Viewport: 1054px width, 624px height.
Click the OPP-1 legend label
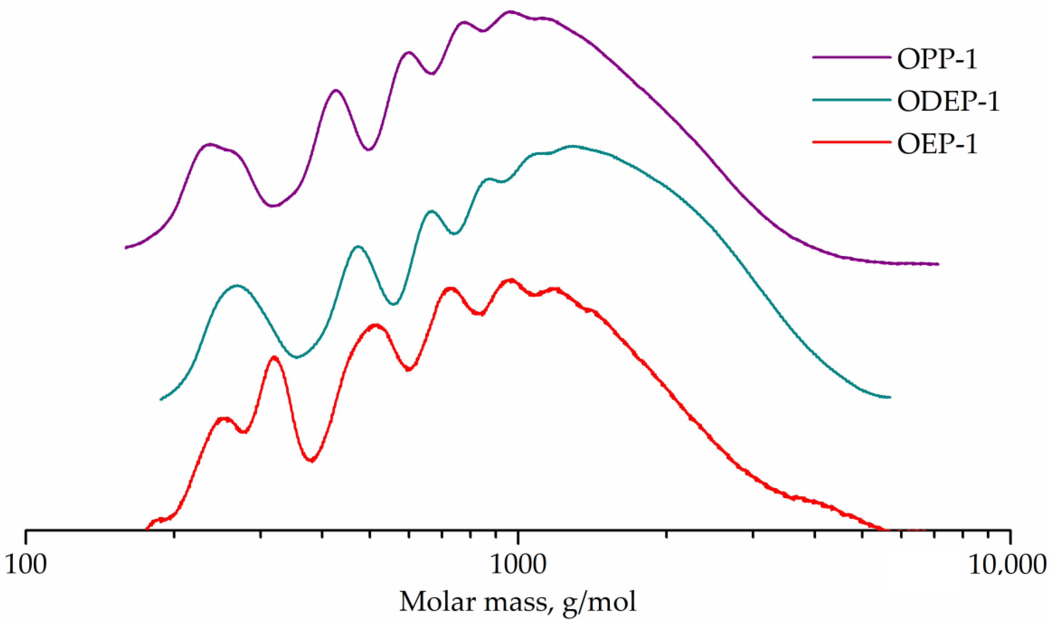937,59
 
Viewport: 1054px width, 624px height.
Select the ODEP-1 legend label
948,101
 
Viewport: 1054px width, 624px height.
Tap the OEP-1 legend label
937,144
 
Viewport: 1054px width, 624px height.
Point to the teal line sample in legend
851,100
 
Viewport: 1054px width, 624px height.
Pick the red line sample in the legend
851,142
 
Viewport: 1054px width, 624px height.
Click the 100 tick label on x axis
26,565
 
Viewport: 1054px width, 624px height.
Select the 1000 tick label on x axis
518,565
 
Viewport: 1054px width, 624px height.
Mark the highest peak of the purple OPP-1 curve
510,12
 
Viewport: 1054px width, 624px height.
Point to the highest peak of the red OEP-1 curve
511,280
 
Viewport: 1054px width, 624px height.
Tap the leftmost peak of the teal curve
237,286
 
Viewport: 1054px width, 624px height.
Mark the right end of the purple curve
938,264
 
